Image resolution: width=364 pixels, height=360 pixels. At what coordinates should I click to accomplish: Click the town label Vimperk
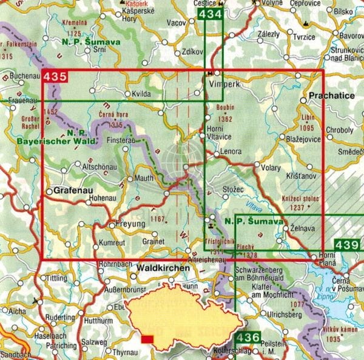pos(224,85)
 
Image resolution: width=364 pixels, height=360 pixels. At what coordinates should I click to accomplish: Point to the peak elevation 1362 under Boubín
pos(224,119)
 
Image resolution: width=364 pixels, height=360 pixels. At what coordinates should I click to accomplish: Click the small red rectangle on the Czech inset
pos(147,339)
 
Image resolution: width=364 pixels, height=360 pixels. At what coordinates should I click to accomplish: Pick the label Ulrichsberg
pos(269,315)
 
